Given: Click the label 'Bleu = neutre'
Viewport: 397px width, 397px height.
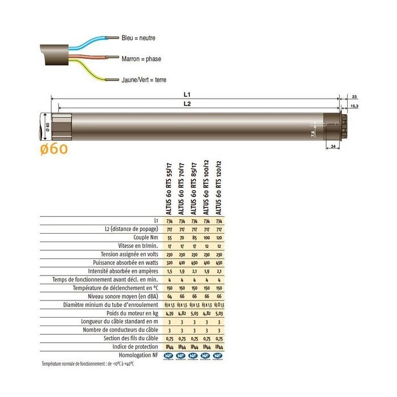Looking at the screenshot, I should pos(138,38).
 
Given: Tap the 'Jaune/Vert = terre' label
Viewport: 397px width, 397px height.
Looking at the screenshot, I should pos(144,80).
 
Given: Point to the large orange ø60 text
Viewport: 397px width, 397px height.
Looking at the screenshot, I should pos(54,149).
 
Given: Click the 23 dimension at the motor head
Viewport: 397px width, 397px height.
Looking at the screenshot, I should pos(354,96).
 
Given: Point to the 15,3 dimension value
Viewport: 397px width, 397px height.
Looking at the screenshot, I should pos(354,106).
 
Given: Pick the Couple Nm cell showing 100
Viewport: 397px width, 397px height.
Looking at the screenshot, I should pos(206,238).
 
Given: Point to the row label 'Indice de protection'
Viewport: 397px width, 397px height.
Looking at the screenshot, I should pos(137,346).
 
